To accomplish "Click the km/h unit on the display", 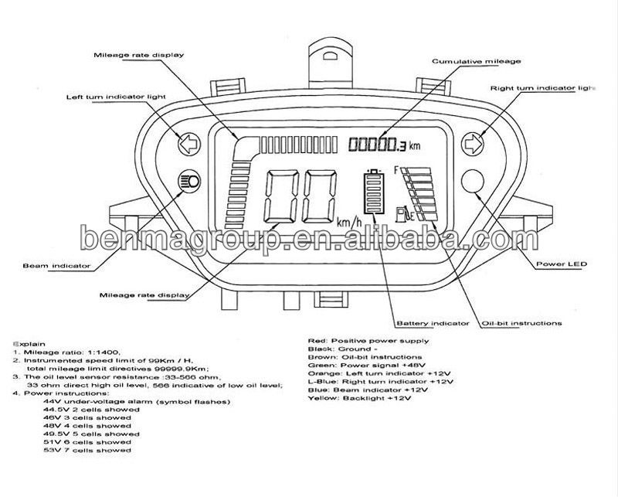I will coord(349,223).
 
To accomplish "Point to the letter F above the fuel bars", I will coord(396,169).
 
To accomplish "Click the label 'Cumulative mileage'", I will coord(475,60).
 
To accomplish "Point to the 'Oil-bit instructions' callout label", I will coord(521,323).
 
